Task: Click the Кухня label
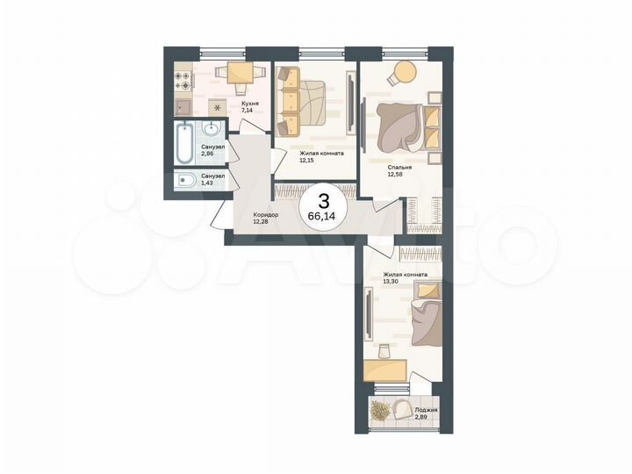pos(248,103)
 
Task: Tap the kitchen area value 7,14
pos(248,111)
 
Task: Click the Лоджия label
pos(427,410)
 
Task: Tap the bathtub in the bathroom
pos(185,143)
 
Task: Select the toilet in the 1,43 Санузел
pos(187,183)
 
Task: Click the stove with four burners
pos(184,81)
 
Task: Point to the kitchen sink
pos(184,108)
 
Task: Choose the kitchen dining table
pos(240,75)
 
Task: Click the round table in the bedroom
pos(403,71)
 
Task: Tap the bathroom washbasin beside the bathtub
pos(212,132)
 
